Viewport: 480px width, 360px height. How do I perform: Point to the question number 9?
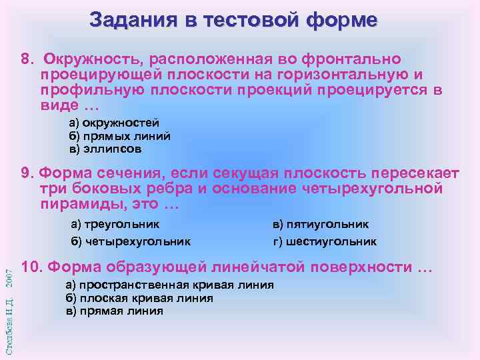pyautogui.click(x=27, y=174)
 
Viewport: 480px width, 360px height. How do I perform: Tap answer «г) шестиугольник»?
pyautogui.click(x=325, y=241)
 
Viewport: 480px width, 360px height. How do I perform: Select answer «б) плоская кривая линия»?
pyautogui.click(x=139, y=298)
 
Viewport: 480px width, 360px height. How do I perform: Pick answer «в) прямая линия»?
pyautogui.click(x=114, y=311)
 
